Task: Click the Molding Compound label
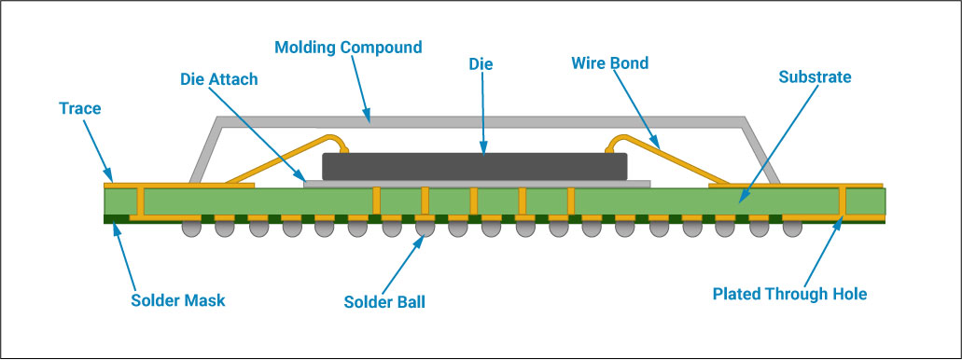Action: tap(349, 47)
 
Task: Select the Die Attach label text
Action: tap(218, 79)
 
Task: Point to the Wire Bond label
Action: tap(609, 64)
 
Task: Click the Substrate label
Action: tap(815, 77)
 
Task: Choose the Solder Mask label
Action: tap(177, 300)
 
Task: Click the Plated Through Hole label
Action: tap(789, 294)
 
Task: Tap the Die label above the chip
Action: tap(481, 64)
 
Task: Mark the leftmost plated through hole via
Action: tap(140, 201)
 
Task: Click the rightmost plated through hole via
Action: tap(843, 201)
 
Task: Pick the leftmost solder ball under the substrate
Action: tap(189, 228)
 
